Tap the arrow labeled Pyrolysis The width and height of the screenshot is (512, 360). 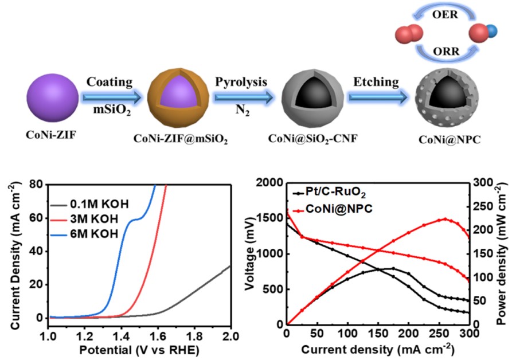tap(241, 97)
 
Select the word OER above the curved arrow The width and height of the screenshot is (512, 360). tap(445, 15)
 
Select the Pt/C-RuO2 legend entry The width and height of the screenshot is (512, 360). tap(329, 193)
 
